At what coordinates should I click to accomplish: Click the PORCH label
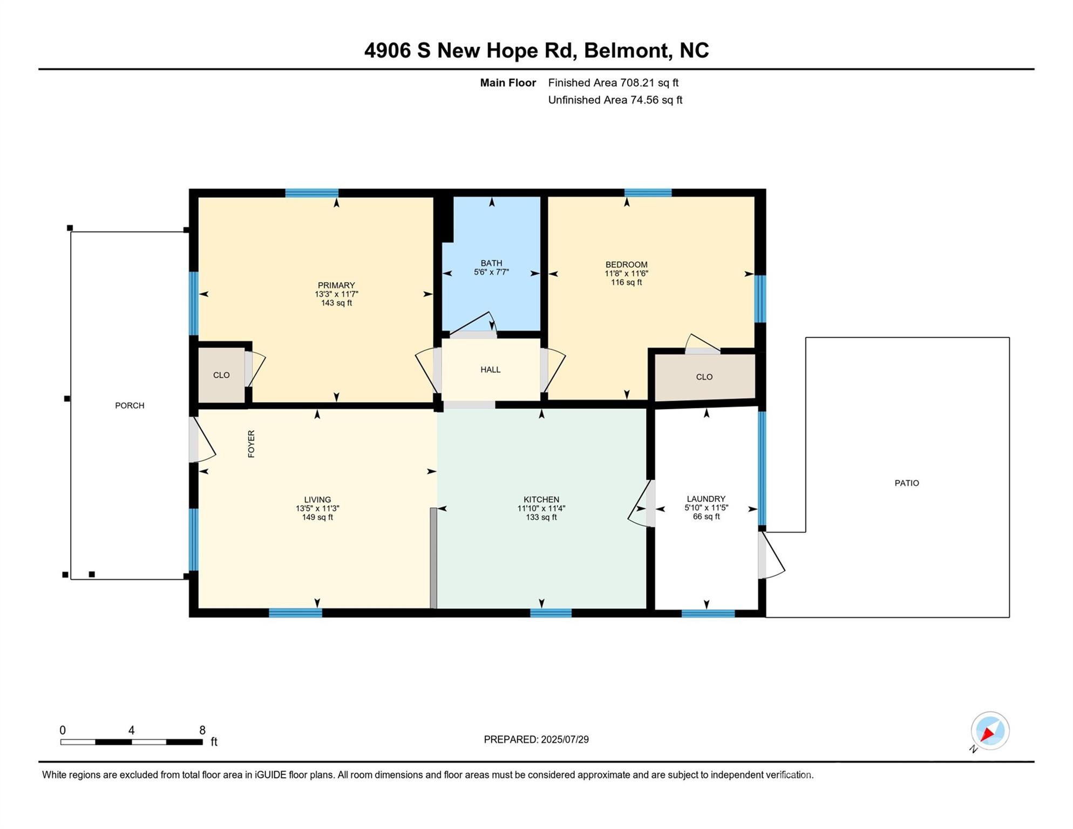pos(130,406)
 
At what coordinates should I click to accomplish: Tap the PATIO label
pos(907,483)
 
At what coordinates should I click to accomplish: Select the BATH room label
pos(491,263)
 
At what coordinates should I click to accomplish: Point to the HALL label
pos(491,370)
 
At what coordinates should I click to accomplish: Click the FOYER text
pos(251,444)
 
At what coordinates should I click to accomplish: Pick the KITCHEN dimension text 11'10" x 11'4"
pos(541,508)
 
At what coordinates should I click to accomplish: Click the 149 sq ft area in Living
pos(317,517)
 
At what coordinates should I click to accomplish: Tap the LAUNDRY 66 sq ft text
pos(706,517)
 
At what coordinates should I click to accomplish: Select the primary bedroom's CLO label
pos(221,375)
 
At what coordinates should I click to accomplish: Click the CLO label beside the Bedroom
pos(704,377)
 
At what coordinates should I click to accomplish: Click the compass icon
pos(990,731)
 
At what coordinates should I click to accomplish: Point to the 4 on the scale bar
pos(131,730)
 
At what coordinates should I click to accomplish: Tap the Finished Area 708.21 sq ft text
pos(613,83)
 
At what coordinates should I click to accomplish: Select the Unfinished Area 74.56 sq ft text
pos(615,100)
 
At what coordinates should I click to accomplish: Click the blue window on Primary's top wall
pos(312,193)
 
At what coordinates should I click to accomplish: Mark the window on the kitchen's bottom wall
pos(551,613)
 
